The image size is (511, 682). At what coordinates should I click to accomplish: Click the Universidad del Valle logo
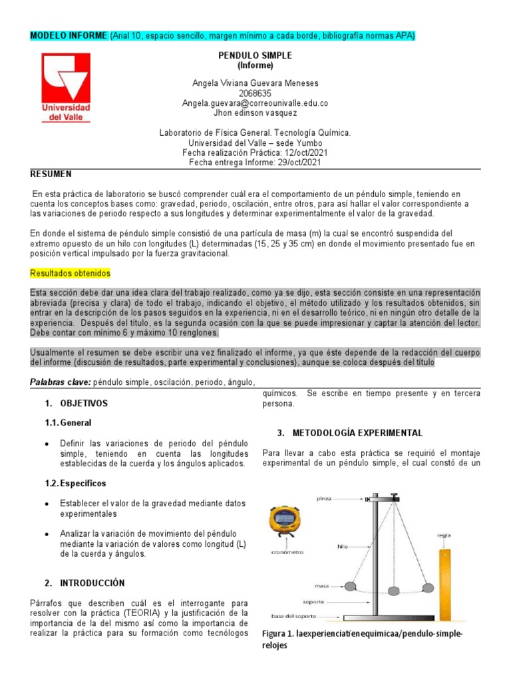point(67,87)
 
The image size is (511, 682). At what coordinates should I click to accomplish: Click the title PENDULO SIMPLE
point(255,55)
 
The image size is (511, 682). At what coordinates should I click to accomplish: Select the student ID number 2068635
point(255,93)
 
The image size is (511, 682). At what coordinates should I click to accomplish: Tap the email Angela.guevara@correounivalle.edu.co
point(255,103)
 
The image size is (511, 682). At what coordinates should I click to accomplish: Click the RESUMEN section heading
point(51,174)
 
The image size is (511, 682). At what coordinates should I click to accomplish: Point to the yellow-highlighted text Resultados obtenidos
point(71,274)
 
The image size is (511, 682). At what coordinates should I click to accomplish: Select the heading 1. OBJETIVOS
point(76,404)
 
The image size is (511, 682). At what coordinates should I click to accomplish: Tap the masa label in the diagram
point(323,586)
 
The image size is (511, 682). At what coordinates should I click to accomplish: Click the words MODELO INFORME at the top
point(69,35)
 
